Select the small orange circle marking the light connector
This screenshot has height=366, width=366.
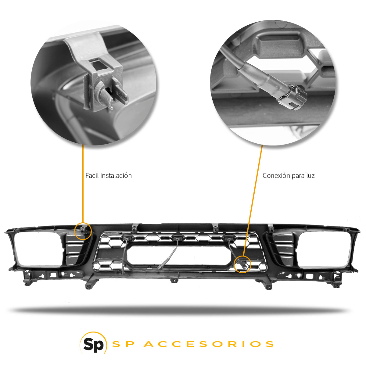point(242,264)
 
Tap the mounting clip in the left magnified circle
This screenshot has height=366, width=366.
point(104,82)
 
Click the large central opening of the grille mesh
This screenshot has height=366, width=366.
point(179,255)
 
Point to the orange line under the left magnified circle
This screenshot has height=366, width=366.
point(83,183)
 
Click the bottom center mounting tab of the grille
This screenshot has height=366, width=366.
point(174,280)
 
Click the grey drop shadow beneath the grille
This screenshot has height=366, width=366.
point(180,310)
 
